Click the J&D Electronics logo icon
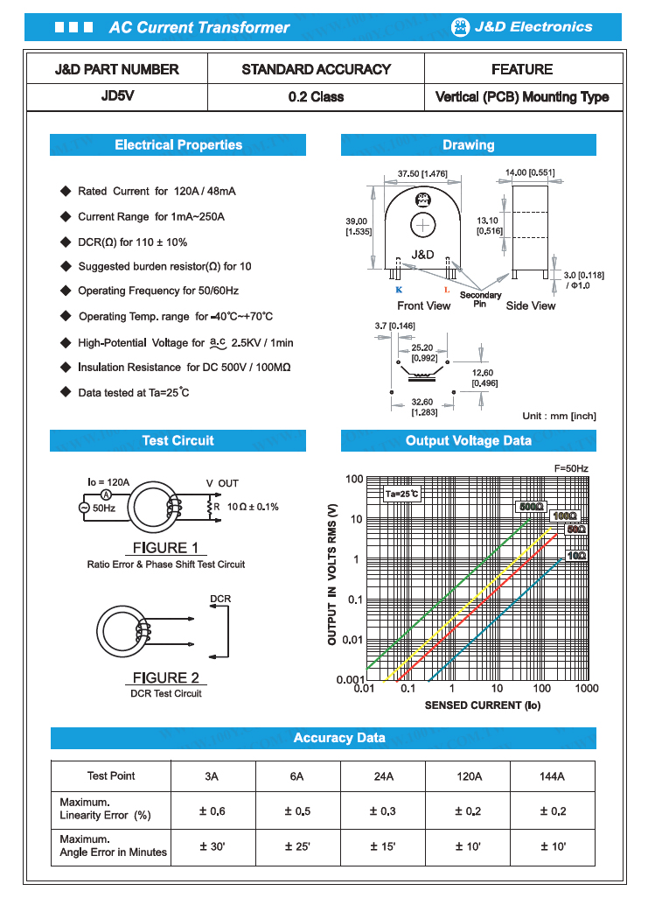tap(460, 27)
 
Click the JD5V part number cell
tap(116, 97)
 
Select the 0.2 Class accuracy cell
tap(316, 97)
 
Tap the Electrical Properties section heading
tap(178, 145)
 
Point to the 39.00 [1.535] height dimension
tap(357, 226)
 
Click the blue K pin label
tap(399, 289)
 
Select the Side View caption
tap(531, 305)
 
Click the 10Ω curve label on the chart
tap(576, 556)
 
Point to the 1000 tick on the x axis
tap(587, 689)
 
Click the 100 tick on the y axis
tap(353, 479)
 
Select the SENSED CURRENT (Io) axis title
tap(477, 705)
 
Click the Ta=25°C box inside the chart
tap(402, 495)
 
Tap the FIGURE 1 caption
tap(165, 548)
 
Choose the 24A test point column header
tap(383, 776)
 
